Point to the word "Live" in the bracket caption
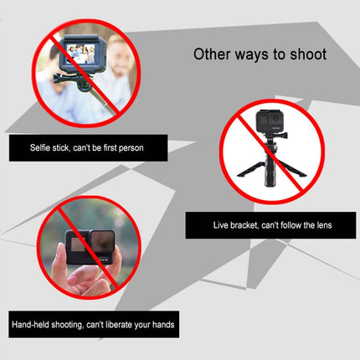point(219,226)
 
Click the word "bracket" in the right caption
point(244,226)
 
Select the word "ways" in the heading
point(255,55)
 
